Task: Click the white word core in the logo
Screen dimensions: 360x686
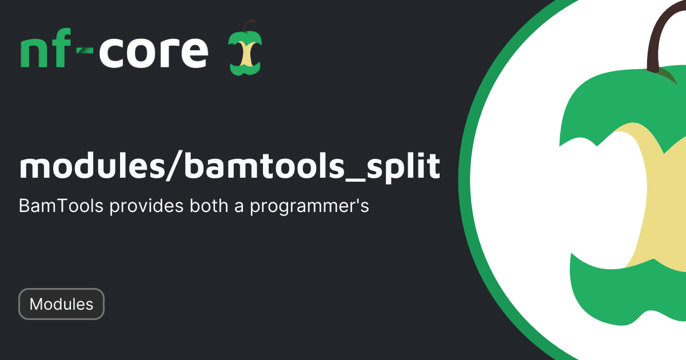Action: click(153, 53)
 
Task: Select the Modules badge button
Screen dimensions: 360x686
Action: click(61, 304)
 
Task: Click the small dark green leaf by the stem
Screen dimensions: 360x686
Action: click(667, 74)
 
